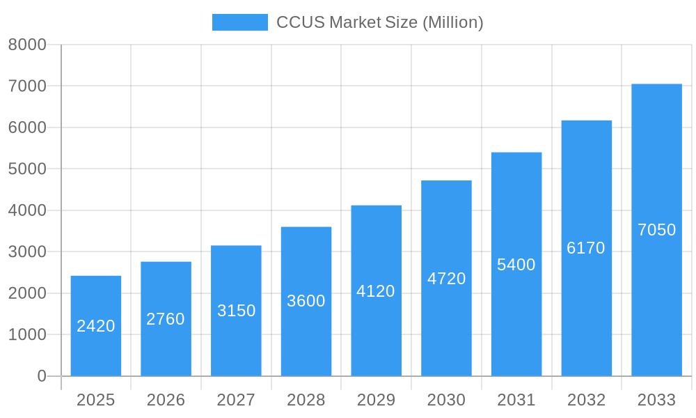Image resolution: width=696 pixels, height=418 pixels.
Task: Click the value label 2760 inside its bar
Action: [166, 319]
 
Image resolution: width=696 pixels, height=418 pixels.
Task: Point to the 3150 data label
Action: [236, 311]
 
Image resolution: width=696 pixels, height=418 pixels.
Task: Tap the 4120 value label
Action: [376, 291]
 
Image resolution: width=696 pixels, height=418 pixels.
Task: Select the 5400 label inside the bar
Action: [516, 265]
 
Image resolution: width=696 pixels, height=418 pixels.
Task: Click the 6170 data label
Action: [586, 248]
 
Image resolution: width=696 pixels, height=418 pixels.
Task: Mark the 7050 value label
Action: [656, 230]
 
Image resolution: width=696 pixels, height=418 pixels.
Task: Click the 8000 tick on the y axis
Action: [27, 45]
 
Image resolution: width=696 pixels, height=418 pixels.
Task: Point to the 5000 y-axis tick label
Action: [27, 169]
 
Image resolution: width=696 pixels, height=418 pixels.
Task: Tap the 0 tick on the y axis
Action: [41, 376]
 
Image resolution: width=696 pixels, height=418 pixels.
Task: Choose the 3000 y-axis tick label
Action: [27, 252]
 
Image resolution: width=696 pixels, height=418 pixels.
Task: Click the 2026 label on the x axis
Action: [166, 400]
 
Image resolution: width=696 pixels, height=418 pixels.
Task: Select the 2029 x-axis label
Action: [376, 400]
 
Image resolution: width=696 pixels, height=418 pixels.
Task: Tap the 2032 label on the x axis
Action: [586, 400]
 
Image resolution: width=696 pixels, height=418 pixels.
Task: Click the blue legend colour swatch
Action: [239, 22]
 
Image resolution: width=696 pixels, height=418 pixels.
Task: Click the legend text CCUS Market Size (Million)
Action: [379, 22]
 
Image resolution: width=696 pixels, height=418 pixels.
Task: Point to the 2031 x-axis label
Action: [516, 400]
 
